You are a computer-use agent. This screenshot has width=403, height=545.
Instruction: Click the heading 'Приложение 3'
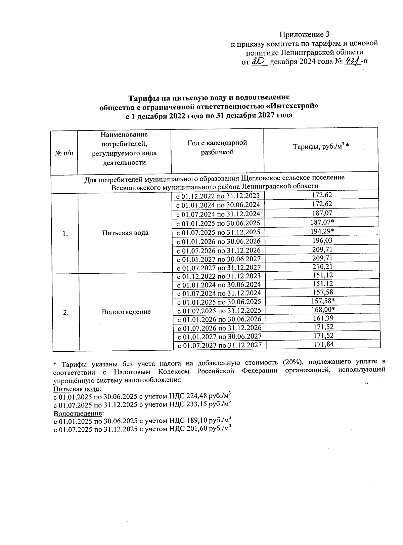[x=304, y=35]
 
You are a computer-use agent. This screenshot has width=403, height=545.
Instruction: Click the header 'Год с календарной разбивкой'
[x=217, y=148]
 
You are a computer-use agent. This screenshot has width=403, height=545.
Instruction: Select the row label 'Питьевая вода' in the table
[x=125, y=233]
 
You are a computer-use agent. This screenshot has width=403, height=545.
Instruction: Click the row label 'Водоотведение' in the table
[x=126, y=312]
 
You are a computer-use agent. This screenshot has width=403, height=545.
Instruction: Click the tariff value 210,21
[x=322, y=267]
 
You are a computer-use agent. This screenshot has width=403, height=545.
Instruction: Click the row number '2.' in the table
[x=66, y=312]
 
